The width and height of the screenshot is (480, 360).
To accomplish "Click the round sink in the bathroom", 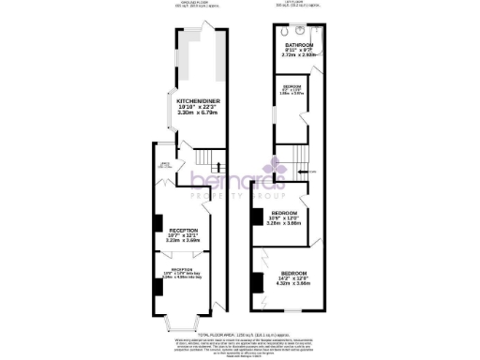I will (x=320, y=28).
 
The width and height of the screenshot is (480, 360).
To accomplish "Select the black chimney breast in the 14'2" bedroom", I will (x=255, y=278).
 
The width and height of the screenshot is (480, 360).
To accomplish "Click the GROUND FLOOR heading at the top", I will (x=194, y=5).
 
